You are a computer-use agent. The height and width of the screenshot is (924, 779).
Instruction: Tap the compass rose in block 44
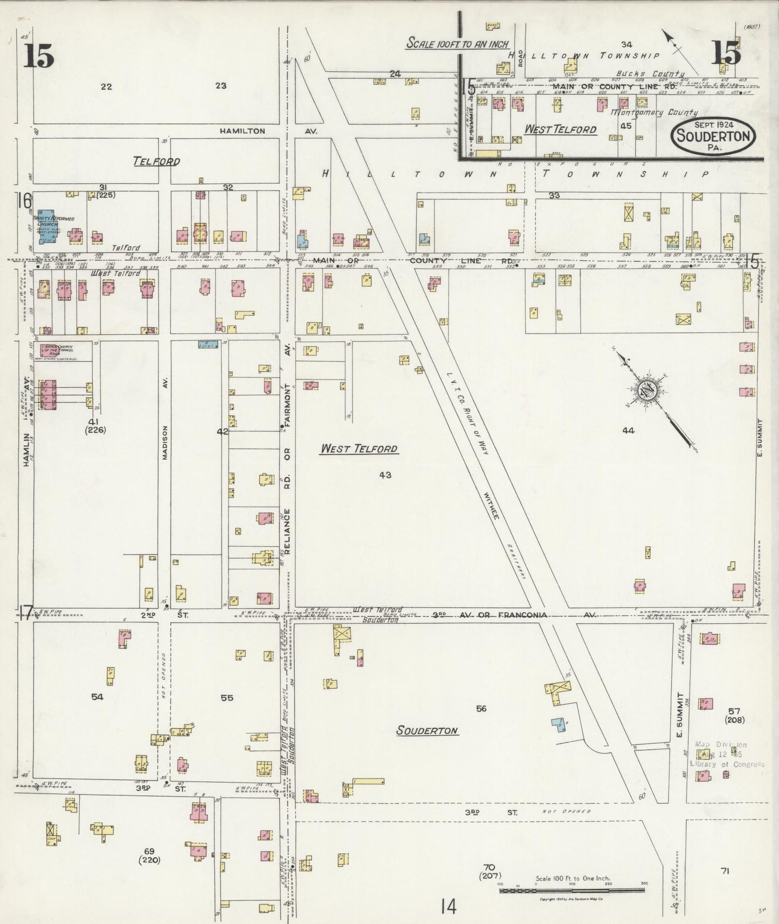[x=645, y=392]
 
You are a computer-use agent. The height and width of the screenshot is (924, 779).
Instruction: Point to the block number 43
[x=385, y=475]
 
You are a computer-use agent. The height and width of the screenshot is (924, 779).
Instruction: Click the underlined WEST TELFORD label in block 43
[x=359, y=449]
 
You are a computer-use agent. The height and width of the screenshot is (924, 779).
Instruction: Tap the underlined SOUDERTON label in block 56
[x=427, y=731]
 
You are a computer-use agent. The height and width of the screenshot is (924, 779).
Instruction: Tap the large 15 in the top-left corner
[x=39, y=57]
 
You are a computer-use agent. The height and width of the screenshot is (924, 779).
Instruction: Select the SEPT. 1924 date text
[x=713, y=125]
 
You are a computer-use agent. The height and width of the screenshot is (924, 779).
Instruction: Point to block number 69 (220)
[x=149, y=856]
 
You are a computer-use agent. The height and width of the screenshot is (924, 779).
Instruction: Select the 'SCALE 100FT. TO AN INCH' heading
[x=457, y=44]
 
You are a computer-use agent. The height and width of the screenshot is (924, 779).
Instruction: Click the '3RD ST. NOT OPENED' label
[x=528, y=811]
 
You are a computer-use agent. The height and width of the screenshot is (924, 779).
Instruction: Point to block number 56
[x=481, y=708]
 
